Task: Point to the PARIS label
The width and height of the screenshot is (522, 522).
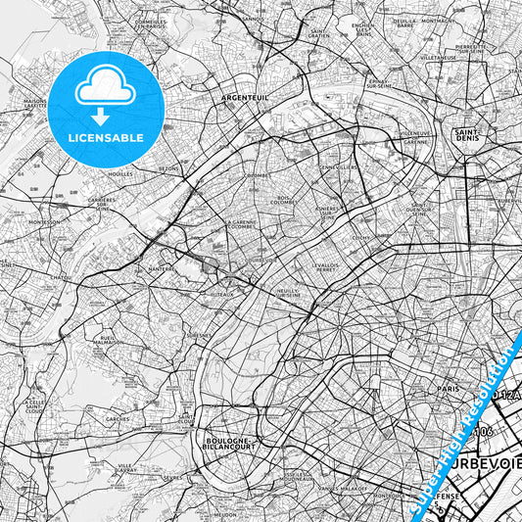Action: point(449,389)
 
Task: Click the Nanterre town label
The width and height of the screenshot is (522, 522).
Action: point(160,266)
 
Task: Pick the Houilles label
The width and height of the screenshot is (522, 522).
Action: point(119,174)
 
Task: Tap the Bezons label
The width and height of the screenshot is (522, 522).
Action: point(169,168)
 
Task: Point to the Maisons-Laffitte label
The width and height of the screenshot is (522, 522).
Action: point(36,108)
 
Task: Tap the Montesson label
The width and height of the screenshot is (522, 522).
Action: point(44,221)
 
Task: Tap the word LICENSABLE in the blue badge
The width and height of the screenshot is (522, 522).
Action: point(105,136)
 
